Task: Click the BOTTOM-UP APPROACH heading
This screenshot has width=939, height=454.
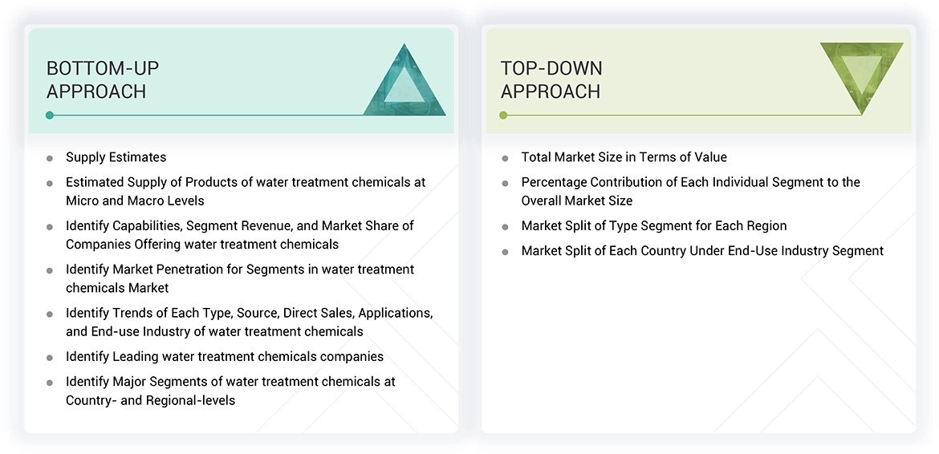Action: [x=96, y=79]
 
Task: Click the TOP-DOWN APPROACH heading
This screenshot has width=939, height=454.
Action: [x=551, y=79]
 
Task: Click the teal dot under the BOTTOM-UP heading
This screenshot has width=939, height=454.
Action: [x=50, y=116]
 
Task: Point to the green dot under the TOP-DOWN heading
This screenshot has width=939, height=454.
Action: [x=503, y=116]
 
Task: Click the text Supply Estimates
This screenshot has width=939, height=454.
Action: [x=116, y=157]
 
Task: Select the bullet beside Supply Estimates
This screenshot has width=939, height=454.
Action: [x=50, y=158]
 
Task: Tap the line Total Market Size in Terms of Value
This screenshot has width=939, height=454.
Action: [x=624, y=157]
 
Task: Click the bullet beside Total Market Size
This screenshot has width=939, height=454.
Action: [x=505, y=158]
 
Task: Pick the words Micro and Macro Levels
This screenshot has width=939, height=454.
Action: [x=135, y=201]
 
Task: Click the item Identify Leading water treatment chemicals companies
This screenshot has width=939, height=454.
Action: [x=224, y=356]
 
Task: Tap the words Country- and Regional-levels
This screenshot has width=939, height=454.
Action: [x=150, y=399]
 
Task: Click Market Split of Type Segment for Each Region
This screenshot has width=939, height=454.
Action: [x=653, y=225]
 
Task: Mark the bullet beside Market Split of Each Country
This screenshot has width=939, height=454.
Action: [x=505, y=252]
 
